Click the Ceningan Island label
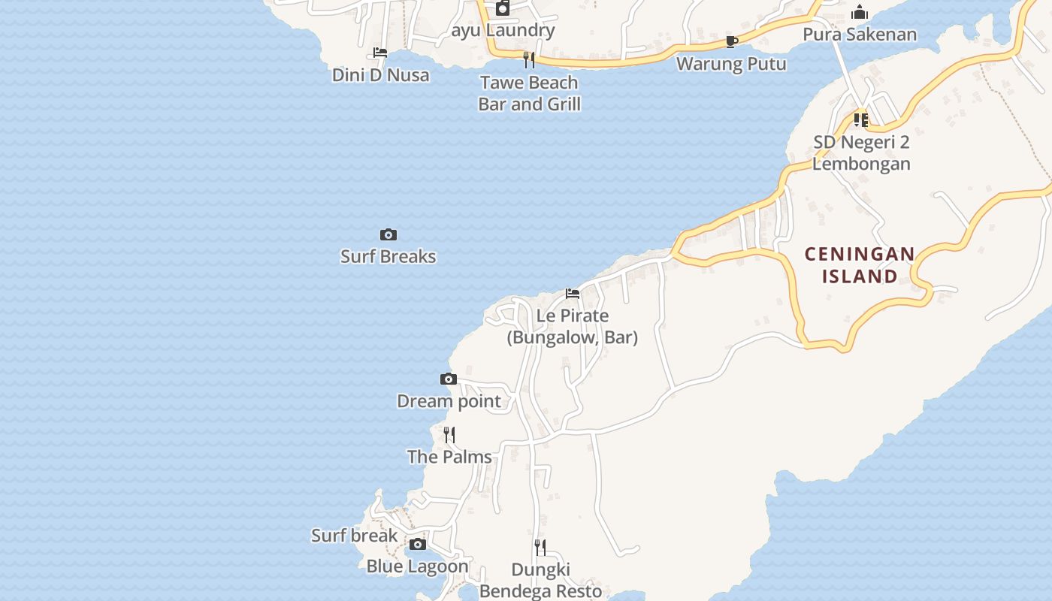pyautogui.click(x=860, y=265)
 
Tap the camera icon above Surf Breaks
pyautogui.click(x=388, y=235)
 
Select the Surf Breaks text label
pyautogui.click(x=388, y=256)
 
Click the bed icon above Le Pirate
pyautogui.click(x=573, y=294)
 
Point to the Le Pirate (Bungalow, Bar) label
pyautogui.click(x=573, y=327)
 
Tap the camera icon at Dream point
pyautogui.click(x=448, y=379)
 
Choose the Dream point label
pyautogui.click(x=449, y=401)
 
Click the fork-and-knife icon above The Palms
pyautogui.click(x=449, y=435)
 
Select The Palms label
pyautogui.click(x=449, y=457)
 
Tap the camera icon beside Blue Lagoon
pyautogui.click(x=418, y=545)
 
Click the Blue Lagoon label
pyautogui.click(x=417, y=566)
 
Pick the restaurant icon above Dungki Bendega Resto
pyautogui.click(x=540, y=547)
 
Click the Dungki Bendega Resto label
pyautogui.click(x=541, y=580)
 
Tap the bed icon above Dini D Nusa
pyautogui.click(x=380, y=53)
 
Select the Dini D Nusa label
pyautogui.click(x=381, y=75)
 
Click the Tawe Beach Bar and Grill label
pyautogui.click(x=529, y=93)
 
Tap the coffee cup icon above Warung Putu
pyautogui.click(x=731, y=41)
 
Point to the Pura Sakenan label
pyautogui.click(x=860, y=35)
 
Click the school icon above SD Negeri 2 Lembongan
pyautogui.click(x=860, y=120)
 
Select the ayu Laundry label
pyautogui.click(x=503, y=31)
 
